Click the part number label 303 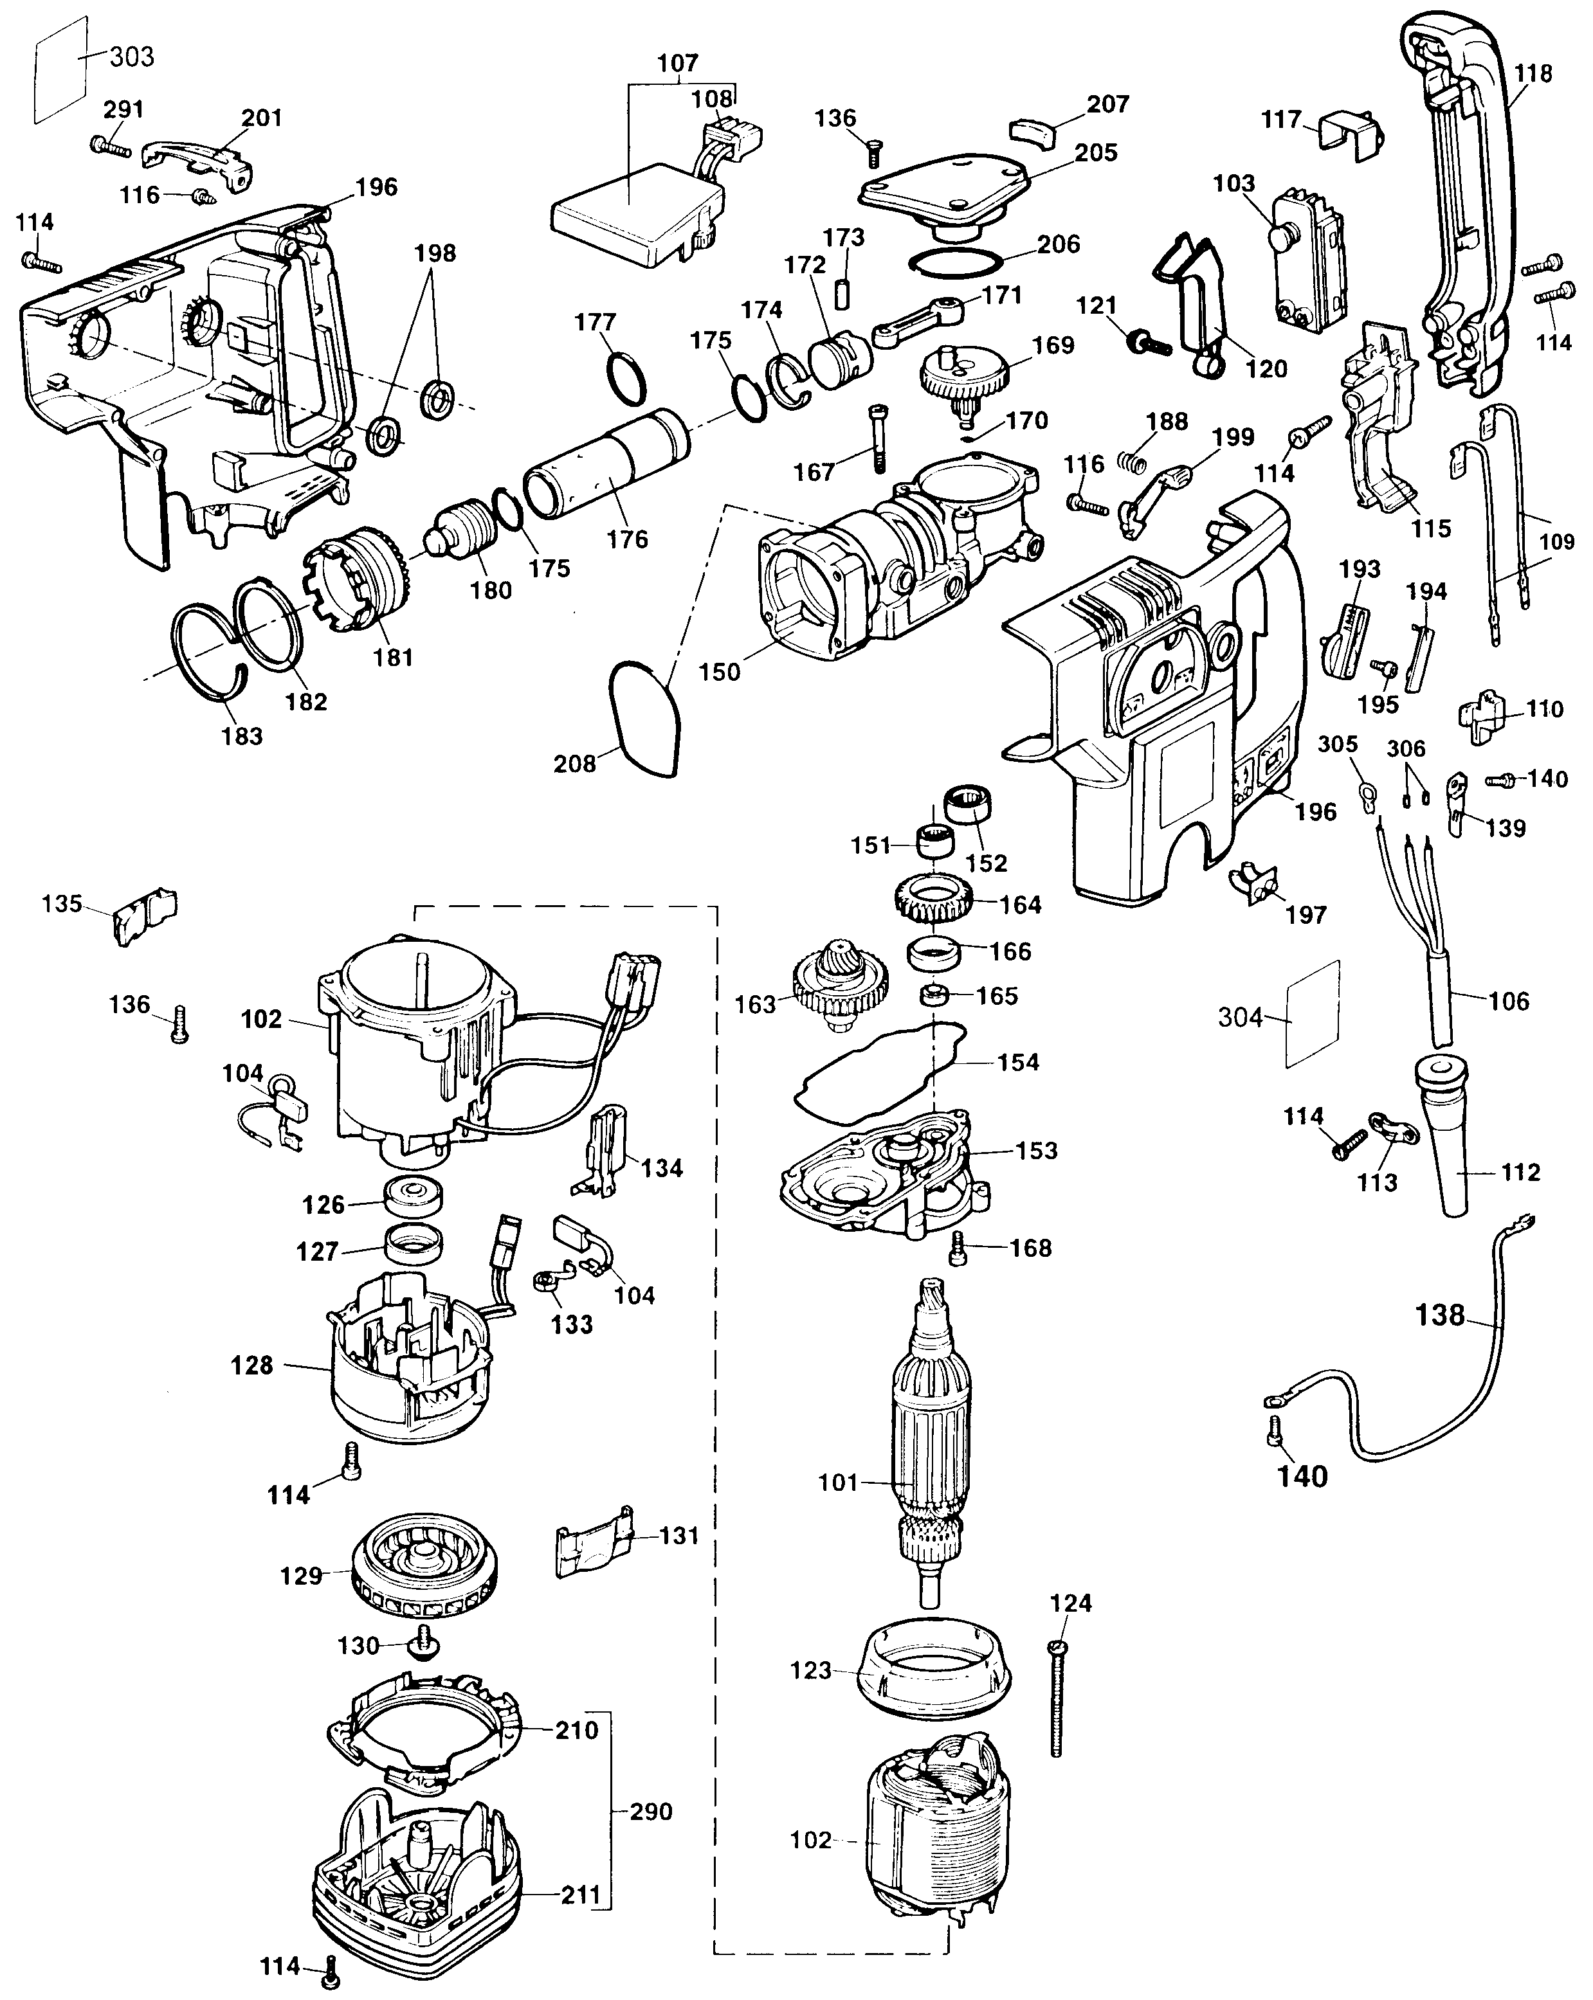coord(132,57)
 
